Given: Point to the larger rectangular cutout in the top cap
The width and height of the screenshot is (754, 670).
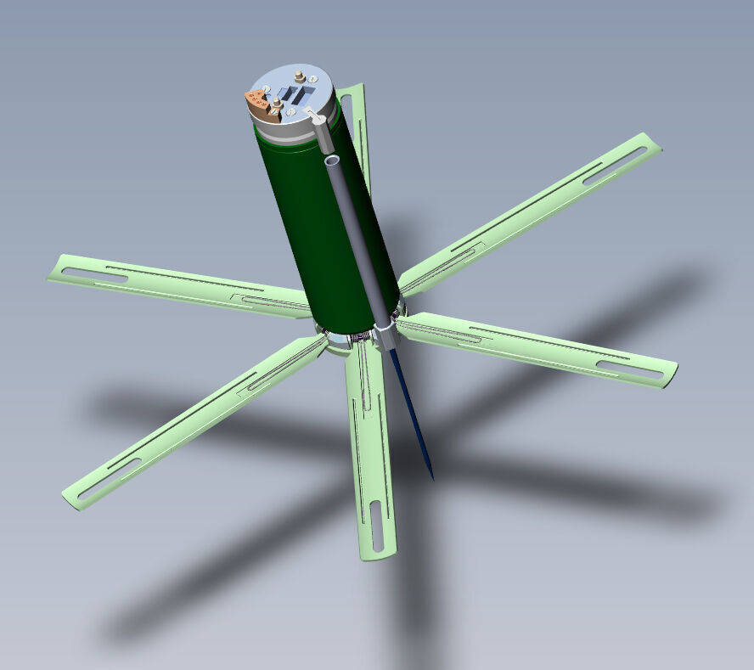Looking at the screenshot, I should point(295,93).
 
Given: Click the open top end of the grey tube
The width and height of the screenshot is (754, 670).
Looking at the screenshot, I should point(332,159).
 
